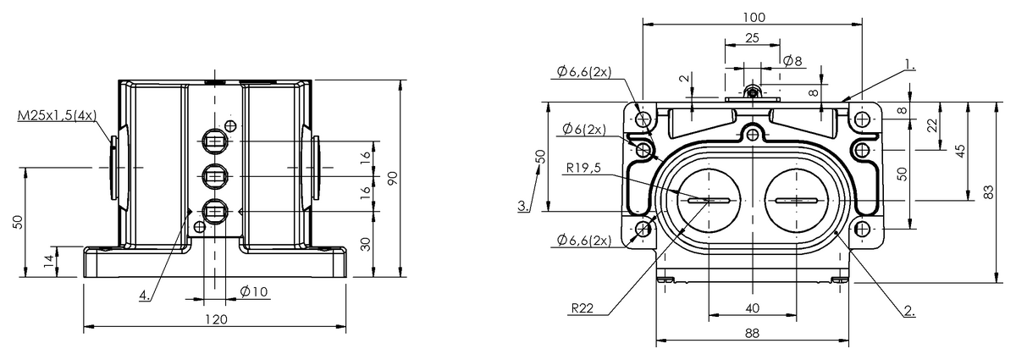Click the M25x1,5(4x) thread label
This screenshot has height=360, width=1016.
pyautogui.click(x=58, y=116)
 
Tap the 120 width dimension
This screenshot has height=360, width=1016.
pyautogui.click(x=217, y=319)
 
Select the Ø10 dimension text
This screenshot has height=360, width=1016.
pyautogui.click(x=254, y=291)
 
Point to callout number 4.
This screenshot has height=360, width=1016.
pyautogui.click(x=144, y=296)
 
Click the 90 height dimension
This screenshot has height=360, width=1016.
pyautogui.click(x=393, y=178)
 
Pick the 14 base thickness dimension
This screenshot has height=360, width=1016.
pyautogui.click(x=48, y=260)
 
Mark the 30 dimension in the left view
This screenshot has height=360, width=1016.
pyautogui.click(x=366, y=244)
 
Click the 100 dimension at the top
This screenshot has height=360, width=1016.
pyautogui.click(x=754, y=17)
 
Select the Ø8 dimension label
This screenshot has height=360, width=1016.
pyautogui.click(x=792, y=61)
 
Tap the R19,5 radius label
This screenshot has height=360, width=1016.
pyautogui.click(x=583, y=168)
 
